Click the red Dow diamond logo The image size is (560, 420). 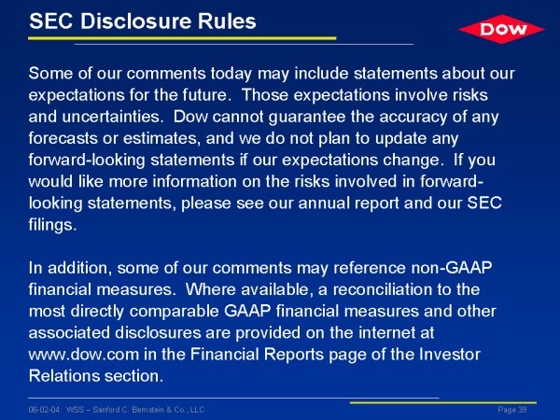pos(501,29)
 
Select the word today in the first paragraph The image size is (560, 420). pos(231,74)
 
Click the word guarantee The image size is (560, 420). pos(307,118)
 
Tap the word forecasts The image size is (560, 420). pos(63,138)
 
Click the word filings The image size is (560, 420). pos(52,226)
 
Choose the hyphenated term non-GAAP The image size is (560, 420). pos(452,268)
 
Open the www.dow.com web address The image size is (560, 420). pos(84,355)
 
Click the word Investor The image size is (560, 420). pos(449,355)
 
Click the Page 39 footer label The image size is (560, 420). pos(512,410)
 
